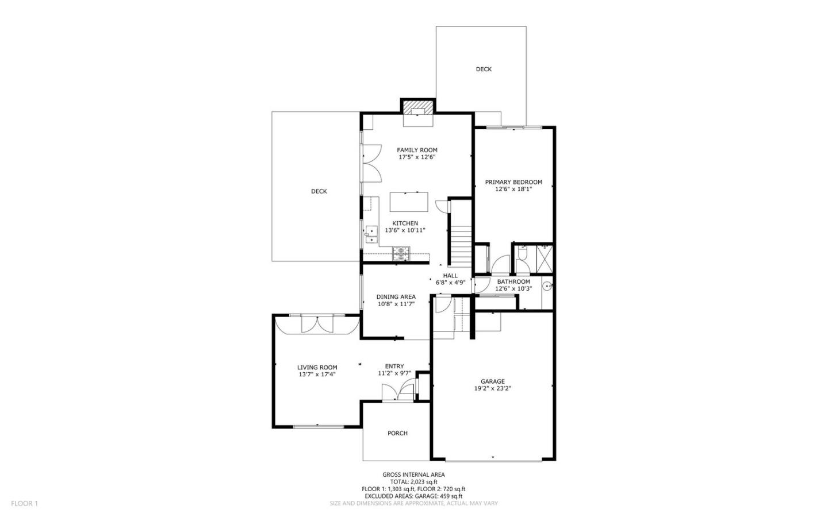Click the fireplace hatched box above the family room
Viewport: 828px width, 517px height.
point(417,107)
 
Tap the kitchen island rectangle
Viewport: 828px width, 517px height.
point(409,202)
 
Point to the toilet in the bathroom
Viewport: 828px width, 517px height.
point(522,253)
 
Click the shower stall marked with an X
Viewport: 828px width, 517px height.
point(544,253)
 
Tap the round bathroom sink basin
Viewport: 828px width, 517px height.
point(547,285)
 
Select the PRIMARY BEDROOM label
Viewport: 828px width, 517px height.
point(513,182)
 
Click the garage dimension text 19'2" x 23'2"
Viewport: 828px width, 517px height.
point(492,388)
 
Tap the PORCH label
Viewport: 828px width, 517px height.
point(397,433)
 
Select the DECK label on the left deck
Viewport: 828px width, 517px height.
point(319,191)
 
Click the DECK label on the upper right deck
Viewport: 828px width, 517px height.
point(484,69)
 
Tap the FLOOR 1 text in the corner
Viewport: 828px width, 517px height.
point(24,503)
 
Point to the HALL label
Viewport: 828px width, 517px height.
point(450,276)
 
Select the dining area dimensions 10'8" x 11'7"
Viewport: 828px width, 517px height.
point(396,304)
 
